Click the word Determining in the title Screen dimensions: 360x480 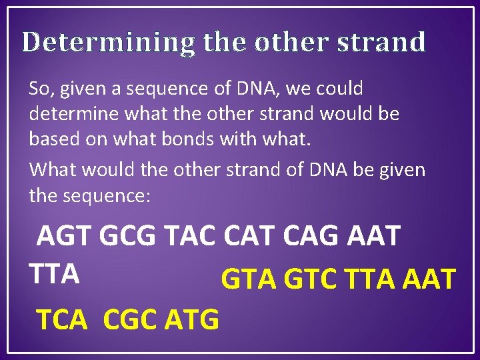click(109, 43)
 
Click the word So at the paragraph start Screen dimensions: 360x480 click(39, 88)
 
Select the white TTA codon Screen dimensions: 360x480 click(55, 273)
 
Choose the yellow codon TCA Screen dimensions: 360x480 click(62, 320)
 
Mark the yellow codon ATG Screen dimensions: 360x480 click(191, 320)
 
